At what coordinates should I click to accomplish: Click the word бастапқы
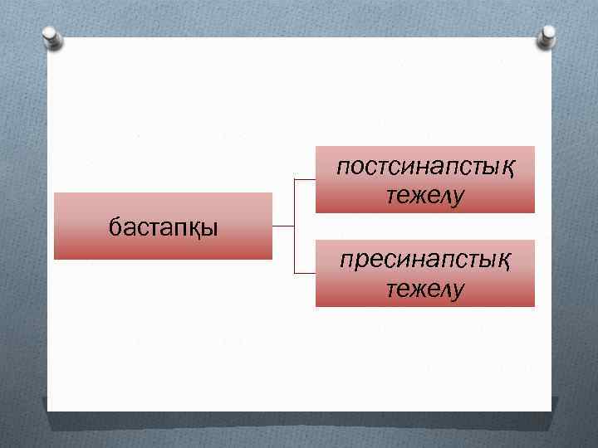click(164, 226)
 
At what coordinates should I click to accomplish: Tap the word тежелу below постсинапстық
click(424, 197)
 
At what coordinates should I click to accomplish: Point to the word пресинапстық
click(424, 261)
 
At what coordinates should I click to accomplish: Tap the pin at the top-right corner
click(549, 35)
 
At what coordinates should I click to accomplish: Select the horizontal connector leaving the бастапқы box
click(283, 226)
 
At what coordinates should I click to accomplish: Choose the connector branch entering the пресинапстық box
click(305, 273)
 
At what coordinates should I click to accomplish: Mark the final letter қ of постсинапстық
click(505, 169)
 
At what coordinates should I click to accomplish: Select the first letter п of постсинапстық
click(344, 168)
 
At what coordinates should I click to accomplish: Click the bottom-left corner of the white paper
click(47, 411)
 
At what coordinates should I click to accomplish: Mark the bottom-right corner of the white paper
click(551, 411)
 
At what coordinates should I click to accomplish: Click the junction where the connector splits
click(295, 226)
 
